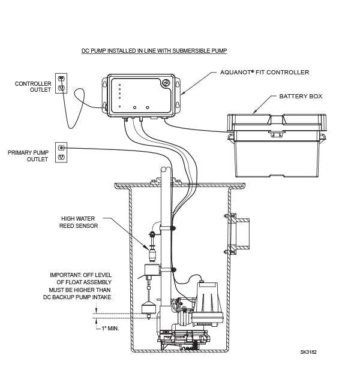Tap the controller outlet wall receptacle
61,83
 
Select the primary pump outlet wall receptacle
61,152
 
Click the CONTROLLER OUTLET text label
33,87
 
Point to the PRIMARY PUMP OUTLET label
32,156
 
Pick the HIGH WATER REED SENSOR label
79,222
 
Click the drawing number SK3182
308,352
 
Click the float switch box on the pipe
150,272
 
